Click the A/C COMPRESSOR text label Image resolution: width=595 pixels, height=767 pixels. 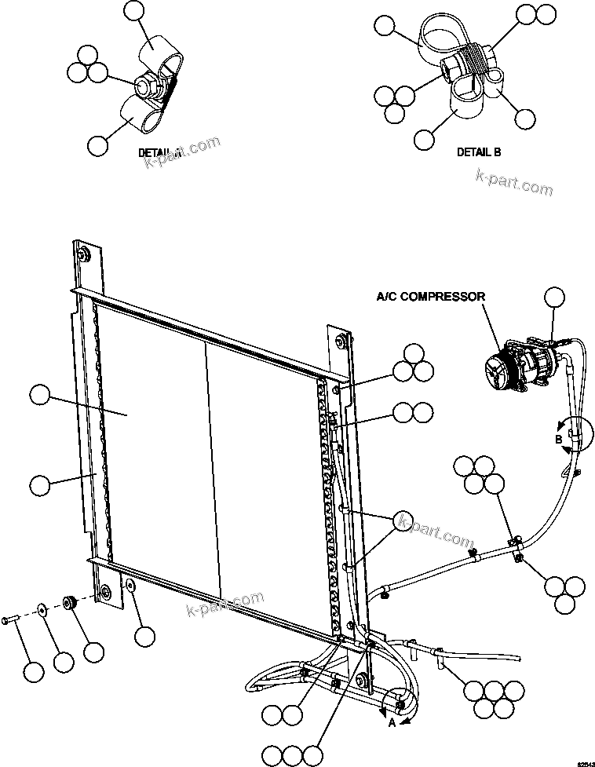tap(430, 296)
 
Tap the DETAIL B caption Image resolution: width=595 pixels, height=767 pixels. tap(478, 152)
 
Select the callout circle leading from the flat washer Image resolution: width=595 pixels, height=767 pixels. tap(64, 661)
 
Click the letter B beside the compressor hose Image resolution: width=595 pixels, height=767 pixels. tap(559, 440)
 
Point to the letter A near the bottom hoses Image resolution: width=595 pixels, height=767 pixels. tap(392, 723)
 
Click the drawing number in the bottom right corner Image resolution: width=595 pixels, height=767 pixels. tap(586, 761)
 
